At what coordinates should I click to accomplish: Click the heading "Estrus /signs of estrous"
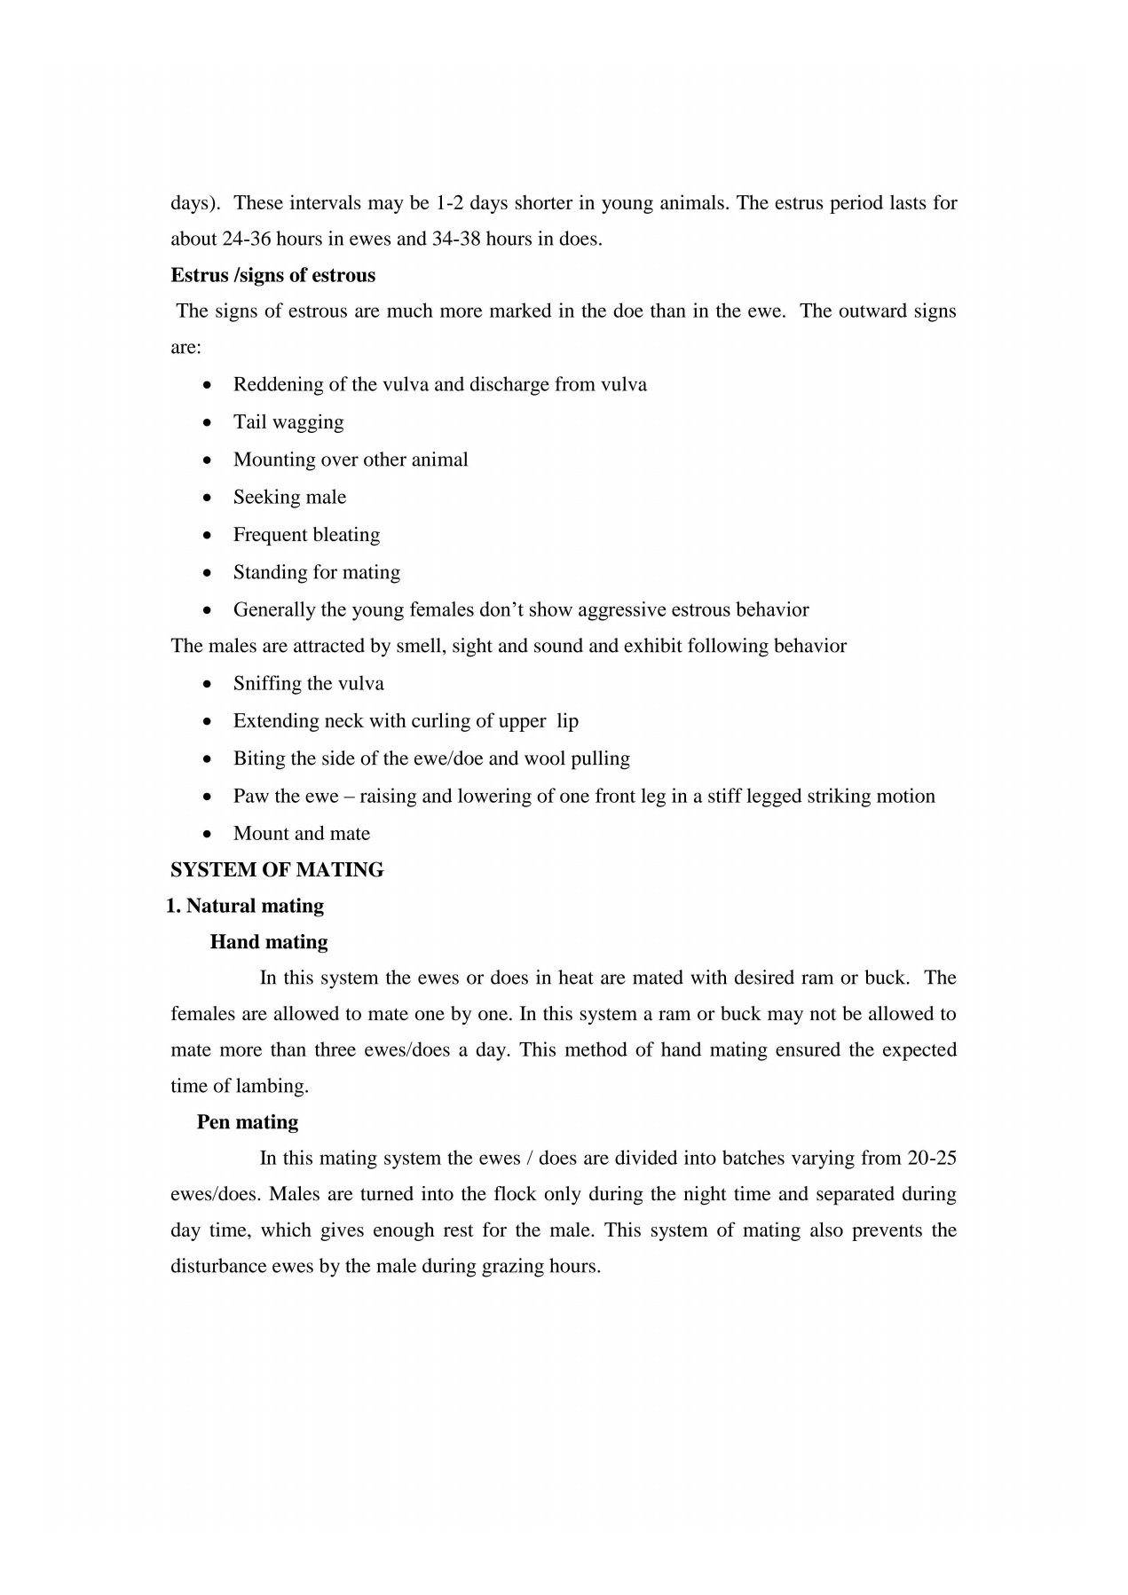272,276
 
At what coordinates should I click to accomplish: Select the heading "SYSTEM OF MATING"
277,870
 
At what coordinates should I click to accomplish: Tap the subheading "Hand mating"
269,942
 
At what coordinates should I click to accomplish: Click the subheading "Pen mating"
248,1122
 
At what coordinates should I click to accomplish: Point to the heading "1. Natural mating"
246,907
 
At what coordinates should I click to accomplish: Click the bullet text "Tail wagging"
288,422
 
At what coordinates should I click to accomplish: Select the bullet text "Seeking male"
289,498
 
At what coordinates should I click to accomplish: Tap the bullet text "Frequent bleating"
306,535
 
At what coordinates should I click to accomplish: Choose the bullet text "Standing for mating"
317,572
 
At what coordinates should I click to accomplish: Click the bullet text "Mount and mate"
302,834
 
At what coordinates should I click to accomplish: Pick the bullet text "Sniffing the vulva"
309,684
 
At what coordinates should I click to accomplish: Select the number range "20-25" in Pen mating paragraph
933,1159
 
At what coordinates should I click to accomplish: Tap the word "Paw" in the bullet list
249,797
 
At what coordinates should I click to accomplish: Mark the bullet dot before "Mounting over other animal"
207,460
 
